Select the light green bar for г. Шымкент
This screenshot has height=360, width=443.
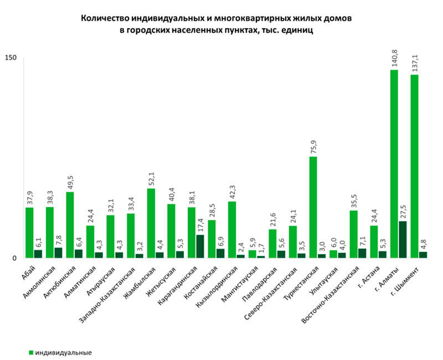(x=415, y=166)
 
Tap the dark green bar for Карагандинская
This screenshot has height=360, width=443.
(x=200, y=246)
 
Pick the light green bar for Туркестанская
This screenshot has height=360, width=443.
(x=313, y=207)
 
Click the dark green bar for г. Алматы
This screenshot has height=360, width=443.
(x=403, y=239)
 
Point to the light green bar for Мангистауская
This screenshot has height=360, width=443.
(x=252, y=254)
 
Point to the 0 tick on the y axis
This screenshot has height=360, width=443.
(x=16, y=258)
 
